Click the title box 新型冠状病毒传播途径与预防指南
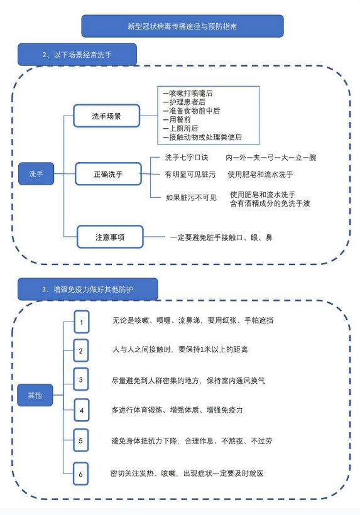(x=182, y=26)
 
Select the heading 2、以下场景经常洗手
(x=77, y=55)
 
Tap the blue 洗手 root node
(x=36, y=173)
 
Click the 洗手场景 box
(x=107, y=116)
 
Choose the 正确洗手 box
(x=108, y=174)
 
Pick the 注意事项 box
(x=110, y=237)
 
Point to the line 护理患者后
(x=184, y=102)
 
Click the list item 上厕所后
(x=181, y=128)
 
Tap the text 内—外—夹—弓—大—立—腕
(x=271, y=158)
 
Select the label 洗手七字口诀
(x=187, y=158)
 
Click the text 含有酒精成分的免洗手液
(x=270, y=203)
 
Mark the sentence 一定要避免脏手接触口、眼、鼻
(x=221, y=237)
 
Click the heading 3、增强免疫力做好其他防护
(x=88, y=290)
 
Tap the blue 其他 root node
(x=35, y=395)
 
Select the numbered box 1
(x=82, y=322)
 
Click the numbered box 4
(x=82, y=410)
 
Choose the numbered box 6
(x=81, y=474)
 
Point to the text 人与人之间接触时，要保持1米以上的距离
(x=180, y=349)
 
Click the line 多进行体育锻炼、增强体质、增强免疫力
(x=177, y=410)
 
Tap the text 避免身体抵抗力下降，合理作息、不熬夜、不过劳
(x=192, y=441)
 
